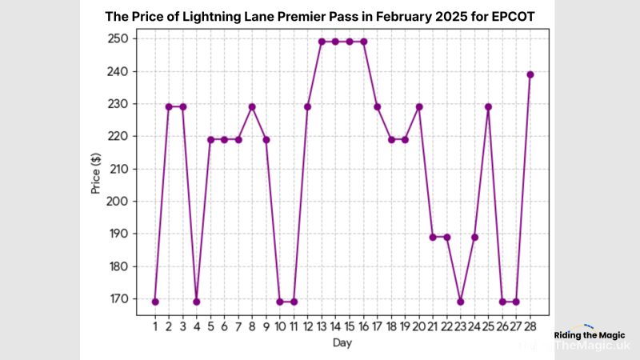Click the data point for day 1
(154, 302)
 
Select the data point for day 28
(530, 74)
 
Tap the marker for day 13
(322, 42)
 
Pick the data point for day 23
(461, 302)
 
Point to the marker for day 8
(252, 106)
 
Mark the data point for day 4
(196, 302)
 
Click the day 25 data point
(488, 106)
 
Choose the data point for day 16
(363, 42)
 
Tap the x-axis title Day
(342, 342)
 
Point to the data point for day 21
(433, 237)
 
